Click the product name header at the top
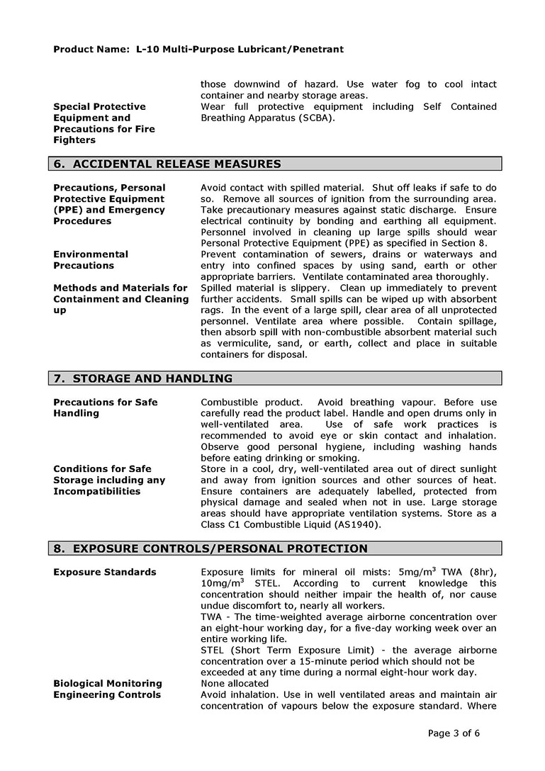(198, 50)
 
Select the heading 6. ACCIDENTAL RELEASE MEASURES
(167, 164)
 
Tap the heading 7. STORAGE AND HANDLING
(143, 378)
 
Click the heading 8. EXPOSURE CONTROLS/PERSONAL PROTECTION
(210, 548)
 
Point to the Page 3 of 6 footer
(454, 733)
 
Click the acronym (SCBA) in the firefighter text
(312, 118)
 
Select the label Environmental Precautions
(91, 259)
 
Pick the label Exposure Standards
(105, 572)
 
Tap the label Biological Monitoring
(108, 683)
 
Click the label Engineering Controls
(107, 694)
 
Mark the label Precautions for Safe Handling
(105, 407)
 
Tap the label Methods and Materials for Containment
(120, 293)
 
